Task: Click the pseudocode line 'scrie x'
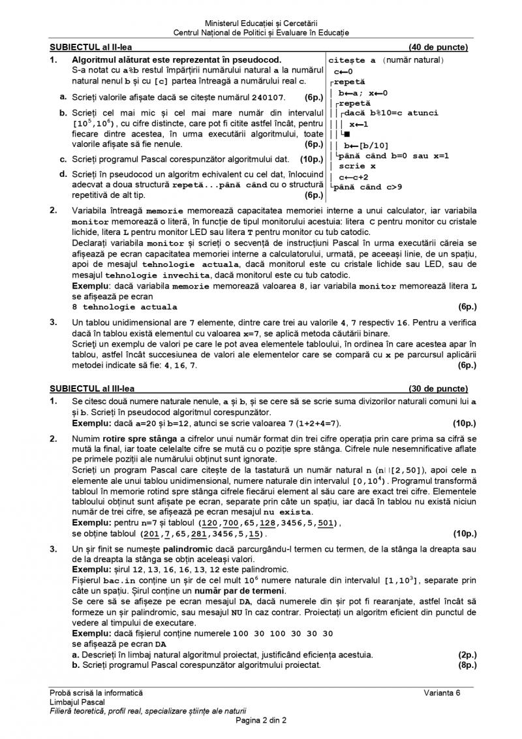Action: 357,166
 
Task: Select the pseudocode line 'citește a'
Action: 352,61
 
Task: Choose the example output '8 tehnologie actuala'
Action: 124,306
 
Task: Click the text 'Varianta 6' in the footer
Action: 441,692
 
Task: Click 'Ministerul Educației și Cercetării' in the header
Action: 261,23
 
